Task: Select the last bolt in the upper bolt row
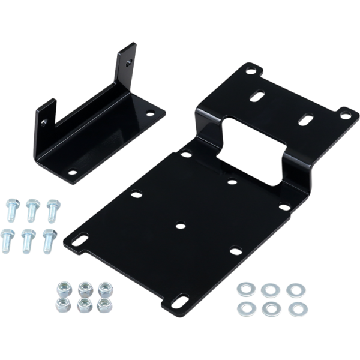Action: pyautogui.click(x=52, y=211)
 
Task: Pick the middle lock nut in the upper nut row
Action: pyautogui.click(x=84, y=289)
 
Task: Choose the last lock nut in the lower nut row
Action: pyautogui.click(x=106, y=304)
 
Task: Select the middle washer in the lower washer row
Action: pyautogui.click(x=271, y=310)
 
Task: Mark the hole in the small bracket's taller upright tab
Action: pyautogui.click(x=128, y=61)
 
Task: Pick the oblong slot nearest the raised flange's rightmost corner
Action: pyautogui.click(x=305, y=118)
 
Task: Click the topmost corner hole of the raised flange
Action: pyautogui.click(x=250, y=70)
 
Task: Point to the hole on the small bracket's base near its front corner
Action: pyautogui.click(x=72, y=172)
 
